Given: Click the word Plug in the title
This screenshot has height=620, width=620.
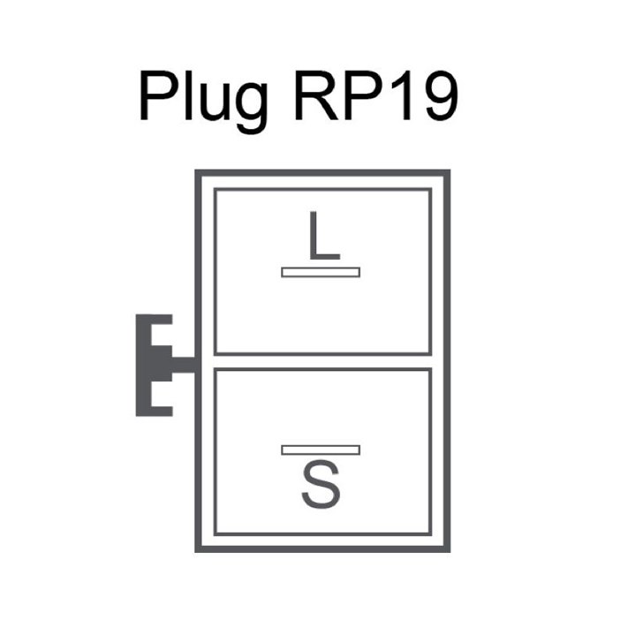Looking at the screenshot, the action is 204,102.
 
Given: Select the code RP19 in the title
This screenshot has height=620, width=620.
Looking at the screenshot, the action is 377,95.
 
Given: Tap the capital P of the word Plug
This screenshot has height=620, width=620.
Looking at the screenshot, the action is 159,95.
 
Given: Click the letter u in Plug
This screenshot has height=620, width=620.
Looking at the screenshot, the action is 215,102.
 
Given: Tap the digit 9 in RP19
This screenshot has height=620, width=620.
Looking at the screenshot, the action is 442,96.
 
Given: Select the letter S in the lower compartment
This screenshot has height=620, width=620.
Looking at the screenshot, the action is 321,484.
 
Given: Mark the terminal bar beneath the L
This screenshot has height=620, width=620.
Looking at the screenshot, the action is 321,272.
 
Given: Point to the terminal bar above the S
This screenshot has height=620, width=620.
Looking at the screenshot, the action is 321,450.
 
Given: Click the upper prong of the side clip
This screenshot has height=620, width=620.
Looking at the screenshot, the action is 162,320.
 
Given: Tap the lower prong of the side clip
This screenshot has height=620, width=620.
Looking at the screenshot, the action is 162,412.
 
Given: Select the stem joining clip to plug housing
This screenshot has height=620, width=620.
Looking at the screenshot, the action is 184,365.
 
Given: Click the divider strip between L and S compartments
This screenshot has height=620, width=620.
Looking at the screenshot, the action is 322,362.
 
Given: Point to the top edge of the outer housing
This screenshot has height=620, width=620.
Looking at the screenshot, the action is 322,173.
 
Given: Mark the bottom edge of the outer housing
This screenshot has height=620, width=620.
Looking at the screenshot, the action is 322,548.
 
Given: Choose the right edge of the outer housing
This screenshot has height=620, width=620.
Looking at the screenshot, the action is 447,361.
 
